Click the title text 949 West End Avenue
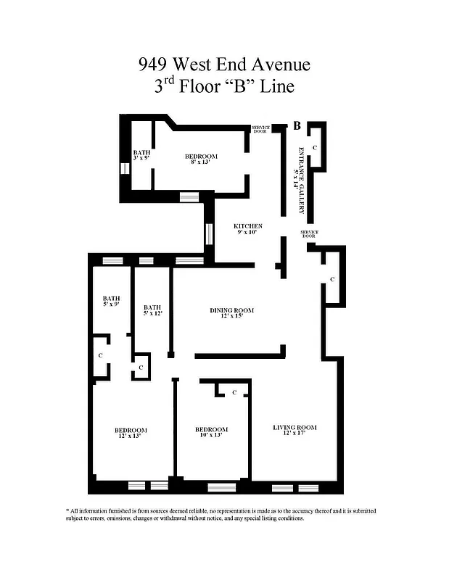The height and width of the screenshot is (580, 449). [224, 65]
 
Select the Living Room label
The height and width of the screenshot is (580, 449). [294, 431]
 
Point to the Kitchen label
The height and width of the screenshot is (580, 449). [247, 230]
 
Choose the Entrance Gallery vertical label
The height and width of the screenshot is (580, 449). [300, 178]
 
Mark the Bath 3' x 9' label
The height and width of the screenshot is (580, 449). [141, 156]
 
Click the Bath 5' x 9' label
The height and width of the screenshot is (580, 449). [111, 302]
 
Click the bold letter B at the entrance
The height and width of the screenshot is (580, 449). [297, 126]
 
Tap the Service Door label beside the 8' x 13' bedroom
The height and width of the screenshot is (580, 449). [260, 130]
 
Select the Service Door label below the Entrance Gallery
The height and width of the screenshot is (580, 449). [309, 233]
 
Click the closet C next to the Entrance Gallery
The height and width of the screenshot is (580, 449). [314, 147]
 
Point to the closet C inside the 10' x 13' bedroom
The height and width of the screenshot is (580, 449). [234, 392]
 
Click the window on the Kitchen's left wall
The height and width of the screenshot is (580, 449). [209, 233]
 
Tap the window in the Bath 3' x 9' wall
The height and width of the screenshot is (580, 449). [125, 168]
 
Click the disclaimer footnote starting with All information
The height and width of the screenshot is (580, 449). [224, 515]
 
